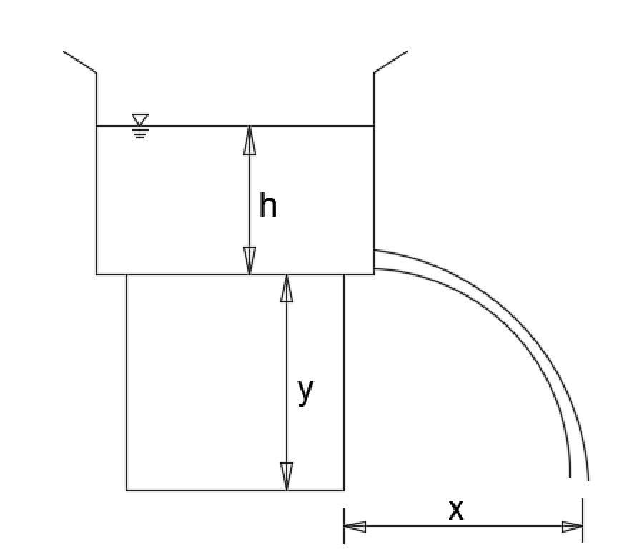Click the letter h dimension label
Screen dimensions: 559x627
[x=267, y=207]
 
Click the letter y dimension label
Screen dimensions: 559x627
[x=305, y=391]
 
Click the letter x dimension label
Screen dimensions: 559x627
[x=456, y=510]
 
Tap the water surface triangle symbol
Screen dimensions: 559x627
[x=140, y=119]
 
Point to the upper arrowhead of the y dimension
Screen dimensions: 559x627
[x=287, y=288]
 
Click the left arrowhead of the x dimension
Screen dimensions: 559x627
[x=355, y=527]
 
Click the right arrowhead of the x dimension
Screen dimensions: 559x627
[x=572, y=527]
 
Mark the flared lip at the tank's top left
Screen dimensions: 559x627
[x=79, y=61]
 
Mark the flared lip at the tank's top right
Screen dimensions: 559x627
[x=391, y=61]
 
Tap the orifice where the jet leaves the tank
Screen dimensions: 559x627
[x=375, y=260]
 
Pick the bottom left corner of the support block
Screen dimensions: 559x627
[x=127, y=490]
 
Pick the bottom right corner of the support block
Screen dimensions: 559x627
[x=344, y=490]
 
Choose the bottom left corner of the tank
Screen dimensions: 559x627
[x=97, y=274]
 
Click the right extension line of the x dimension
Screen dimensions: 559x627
[x=583, y=518]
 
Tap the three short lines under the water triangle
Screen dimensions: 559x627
[x=140, y=132]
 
